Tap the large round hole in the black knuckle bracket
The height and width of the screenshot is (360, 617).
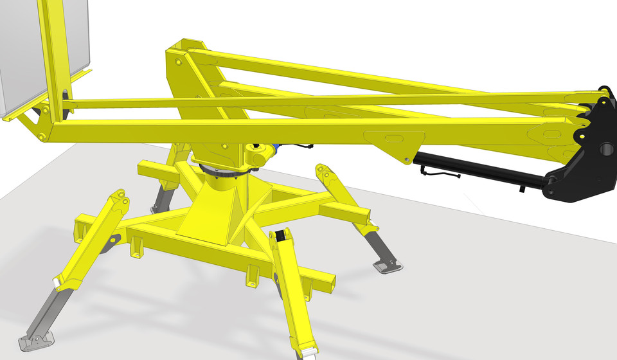pyautogui.click(x=606, y=150)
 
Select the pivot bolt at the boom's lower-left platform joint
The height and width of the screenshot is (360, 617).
pyautogui.click(x=40, y=137)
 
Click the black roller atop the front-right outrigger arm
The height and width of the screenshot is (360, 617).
pyautogui.click(x=281, y=237)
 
